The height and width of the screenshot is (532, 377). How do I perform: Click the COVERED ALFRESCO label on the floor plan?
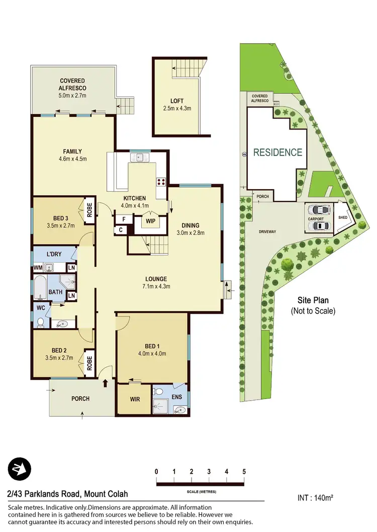[72, 84]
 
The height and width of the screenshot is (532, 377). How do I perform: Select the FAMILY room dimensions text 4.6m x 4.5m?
[72, 160]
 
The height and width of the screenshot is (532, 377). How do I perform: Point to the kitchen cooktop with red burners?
[162, 182]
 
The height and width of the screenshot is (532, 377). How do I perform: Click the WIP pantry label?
[150, 221]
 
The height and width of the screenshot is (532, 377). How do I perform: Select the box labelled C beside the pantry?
[122, 230]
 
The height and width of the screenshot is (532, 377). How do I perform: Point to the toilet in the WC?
[41, 321]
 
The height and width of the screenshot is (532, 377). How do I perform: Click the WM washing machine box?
[38, 268]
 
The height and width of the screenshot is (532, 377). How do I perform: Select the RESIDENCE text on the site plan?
[277, 153]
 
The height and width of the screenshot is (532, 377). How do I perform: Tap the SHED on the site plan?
[344, 218]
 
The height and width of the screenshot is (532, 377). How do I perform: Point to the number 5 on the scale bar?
[244, 472]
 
